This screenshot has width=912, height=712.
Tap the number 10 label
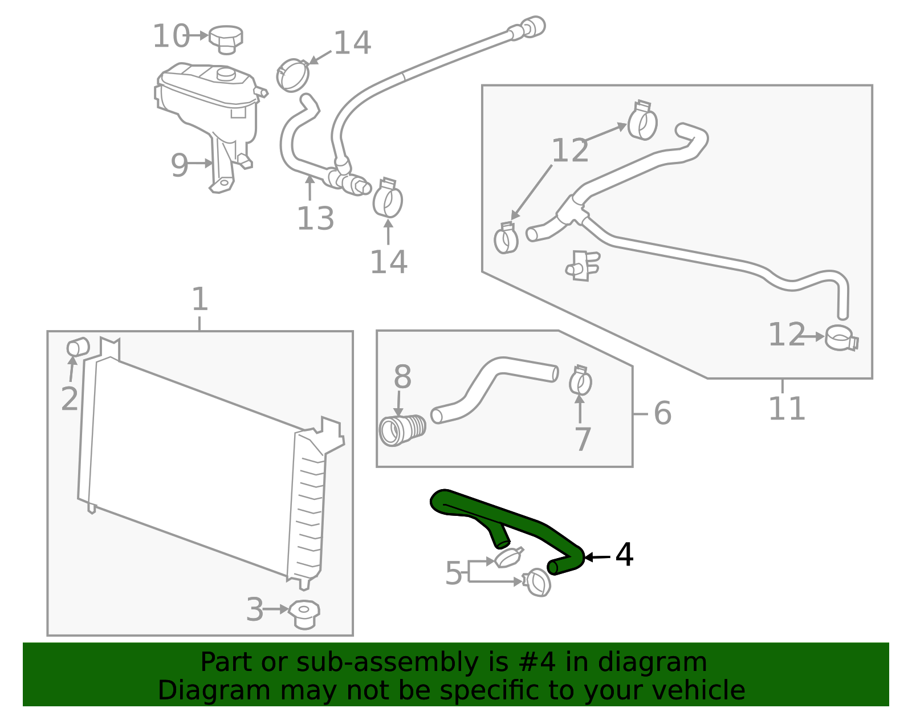[x=170, y=36]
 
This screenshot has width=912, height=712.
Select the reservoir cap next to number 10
[x=226, y=38]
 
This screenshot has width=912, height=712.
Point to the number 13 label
[x=315, y=218]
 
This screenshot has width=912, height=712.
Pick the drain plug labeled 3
[x=304, y=613]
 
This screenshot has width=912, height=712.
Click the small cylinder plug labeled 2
[x=78, y=347]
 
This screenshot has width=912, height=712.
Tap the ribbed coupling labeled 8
[x=402, y=430]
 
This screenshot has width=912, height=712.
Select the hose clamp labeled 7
[x=580, y=380]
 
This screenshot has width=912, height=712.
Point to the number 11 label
[x=787, y=408]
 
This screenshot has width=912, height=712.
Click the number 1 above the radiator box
[x=199, y=299]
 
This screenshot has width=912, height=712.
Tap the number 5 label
[x=454, y=573]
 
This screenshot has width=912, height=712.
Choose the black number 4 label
[x=625, y=555]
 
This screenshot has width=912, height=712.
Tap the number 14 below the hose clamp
[x=389, y=262]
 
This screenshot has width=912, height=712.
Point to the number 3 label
[x=255, y=609]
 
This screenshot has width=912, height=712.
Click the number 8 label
[x=402, y=377]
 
